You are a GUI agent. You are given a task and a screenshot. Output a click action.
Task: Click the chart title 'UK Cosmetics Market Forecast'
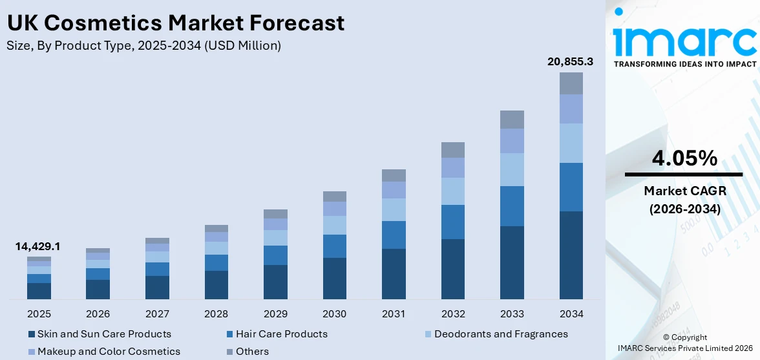tap(175, 23)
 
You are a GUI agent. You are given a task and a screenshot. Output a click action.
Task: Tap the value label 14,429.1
tap(38, 246)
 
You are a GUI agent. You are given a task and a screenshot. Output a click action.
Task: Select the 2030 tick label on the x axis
tap(334, 314)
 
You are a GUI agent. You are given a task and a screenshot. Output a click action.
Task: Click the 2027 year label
tap(157, 314)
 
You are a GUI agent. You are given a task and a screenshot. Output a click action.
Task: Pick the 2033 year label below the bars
tap(512, 314)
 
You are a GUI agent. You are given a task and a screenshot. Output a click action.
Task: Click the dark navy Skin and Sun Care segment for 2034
tap(571, 255)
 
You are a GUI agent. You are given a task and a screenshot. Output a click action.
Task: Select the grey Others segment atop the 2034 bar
tap(571, 83)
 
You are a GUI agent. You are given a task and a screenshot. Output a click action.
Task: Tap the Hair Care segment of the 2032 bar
tap(453, 222)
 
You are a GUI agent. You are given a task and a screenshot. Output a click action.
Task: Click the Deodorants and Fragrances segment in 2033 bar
tap(512, 169)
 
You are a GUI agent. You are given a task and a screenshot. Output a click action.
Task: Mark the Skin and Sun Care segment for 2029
tap(275, 282)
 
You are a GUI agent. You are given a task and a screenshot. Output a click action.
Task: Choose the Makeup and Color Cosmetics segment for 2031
tap(394, 189)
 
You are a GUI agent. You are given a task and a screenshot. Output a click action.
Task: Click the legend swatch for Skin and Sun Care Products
tap(32, 334)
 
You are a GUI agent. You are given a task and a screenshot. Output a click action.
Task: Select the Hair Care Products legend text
tap(281, 334)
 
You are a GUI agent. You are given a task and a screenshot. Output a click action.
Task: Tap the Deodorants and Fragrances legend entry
tap(501, 334)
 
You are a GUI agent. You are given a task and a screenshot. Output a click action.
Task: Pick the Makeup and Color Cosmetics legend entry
tap(109, 352)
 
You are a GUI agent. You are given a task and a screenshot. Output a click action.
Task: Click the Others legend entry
tap(252, 352)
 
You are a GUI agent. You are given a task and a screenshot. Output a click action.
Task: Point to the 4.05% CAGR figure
tap(684, 158)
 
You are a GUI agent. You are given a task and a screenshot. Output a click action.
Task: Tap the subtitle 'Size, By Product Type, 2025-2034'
tap(143, 45)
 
